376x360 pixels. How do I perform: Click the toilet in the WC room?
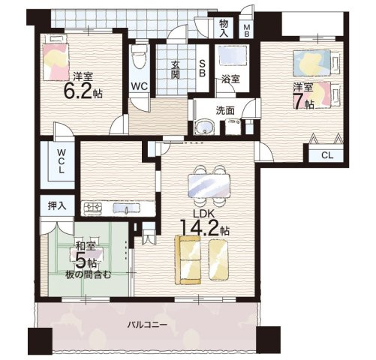pos(139,56)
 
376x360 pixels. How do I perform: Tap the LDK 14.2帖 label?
pos(204,224)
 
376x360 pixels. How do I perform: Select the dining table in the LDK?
pos(209,186)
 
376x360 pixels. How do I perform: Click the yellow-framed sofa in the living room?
pos(188,259)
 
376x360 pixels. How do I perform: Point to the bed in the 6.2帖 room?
pos(56,58)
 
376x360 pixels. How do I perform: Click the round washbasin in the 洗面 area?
pos(205,127)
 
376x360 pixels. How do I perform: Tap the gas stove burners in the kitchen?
pos(93,208)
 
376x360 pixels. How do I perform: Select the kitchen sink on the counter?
pos(126,208)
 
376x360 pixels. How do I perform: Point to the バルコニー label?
pos(147,325)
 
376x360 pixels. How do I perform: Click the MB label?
pos(246,30)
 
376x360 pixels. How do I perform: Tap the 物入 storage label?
pos(224,28)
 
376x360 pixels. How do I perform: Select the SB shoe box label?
pos(202,68)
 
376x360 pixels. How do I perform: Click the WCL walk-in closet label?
pos(61,161)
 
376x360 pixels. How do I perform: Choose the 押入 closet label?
pos(57,205)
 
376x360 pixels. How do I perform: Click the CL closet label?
pos(327,155)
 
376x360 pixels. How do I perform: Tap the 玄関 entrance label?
pos(176,70)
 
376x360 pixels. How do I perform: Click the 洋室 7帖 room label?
pos(304,96)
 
